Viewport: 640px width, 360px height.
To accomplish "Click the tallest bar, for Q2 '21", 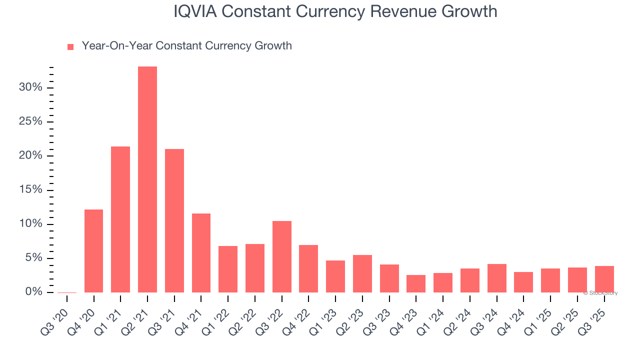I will (147, 179).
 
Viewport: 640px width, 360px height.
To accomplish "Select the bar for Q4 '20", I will (94, 251).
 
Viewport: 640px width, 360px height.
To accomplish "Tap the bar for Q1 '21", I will (120, 219).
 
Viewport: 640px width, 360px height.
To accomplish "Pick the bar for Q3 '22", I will (282, 256).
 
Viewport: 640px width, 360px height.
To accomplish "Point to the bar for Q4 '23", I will (416, 283).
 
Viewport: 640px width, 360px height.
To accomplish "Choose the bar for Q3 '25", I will (604, 279).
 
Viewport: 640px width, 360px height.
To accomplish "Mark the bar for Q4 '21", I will (201, 253).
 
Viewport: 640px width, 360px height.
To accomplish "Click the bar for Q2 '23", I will (362, 273).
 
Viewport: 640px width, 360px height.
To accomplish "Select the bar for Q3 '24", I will (496, 278).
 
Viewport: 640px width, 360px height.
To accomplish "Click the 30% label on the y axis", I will (30, 87).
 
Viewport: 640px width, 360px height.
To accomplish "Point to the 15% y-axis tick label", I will (30, 190).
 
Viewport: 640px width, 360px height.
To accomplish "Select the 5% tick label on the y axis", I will (32, 258).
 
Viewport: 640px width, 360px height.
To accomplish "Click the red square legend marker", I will (70, 47).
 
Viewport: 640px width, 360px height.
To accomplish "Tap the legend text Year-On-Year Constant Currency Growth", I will (186, 46).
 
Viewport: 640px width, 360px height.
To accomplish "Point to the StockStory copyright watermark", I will (600, 293).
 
